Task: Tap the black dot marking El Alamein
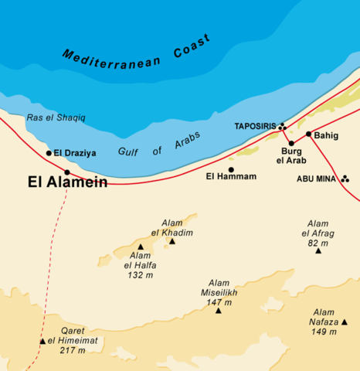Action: [67, 172]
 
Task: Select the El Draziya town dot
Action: [49, 153]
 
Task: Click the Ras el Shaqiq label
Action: [56, 117]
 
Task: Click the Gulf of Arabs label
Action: [158, 145]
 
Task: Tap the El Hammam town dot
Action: [230, 169]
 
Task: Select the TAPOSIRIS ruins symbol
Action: [283, 126]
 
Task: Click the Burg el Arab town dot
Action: [291, 143]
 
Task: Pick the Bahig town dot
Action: [308, 134]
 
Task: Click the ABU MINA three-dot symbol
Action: [345, 179]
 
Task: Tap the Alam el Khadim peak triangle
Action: [172, 241]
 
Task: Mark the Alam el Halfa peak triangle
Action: [141, 247]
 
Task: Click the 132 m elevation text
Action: [141, 274]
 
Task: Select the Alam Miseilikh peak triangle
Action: [218, 310]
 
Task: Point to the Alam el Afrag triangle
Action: [318, 251]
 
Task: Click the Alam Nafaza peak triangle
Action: [345, 322]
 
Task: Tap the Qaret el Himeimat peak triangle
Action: [42, 341]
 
